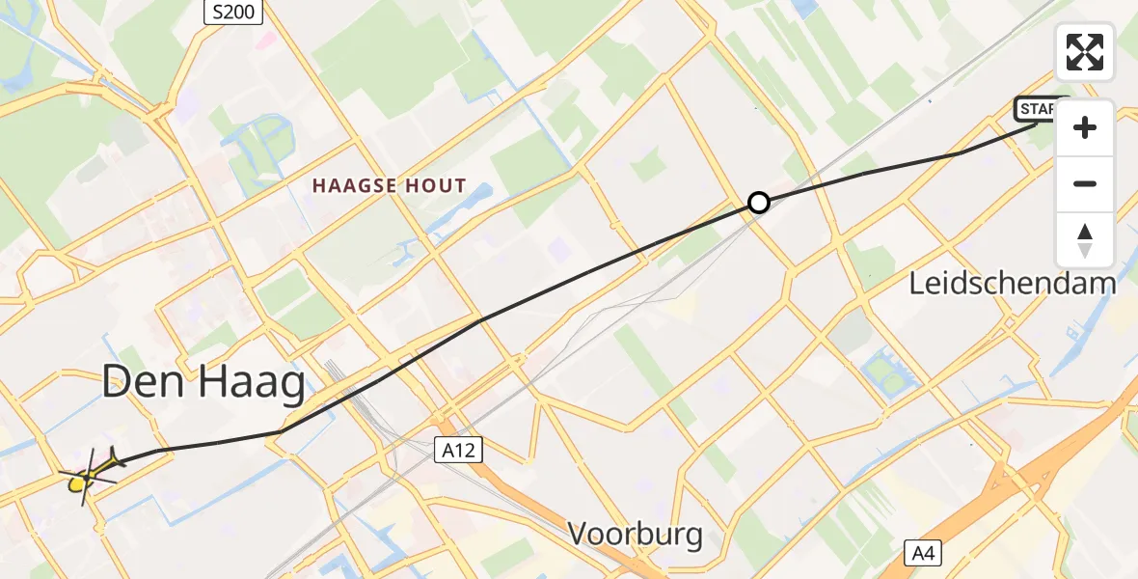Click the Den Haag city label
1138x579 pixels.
pyautogui.click(x=203, y=383)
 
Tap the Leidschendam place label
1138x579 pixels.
pyautogui.click(x=1013, y=283)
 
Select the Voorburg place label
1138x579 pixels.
pyautogui.click(x=635, y=534)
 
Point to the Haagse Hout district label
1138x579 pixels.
pyautogui.click(x=390, y=186)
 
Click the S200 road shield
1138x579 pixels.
pyautogui.click(x=232, y=12)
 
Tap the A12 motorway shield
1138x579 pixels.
pyautogui.click(x=457, y=450)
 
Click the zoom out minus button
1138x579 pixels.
pyautogui.click(x=1085, y=184)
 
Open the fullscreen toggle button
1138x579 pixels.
pyautogui.click(x=1085, y=51)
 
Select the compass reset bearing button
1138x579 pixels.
pyautogui.click(x=1085, y=240)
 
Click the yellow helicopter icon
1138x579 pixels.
pyautogui.click(x=89, y=473)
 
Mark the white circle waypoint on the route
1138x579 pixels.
pyautogui.click(x=759, y=203)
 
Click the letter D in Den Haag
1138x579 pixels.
pyautogui.click(x=117, y=383)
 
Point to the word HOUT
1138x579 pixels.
pyautogui.click(x=436, y=186)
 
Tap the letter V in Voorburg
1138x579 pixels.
pyautogui.click(x=579, y=534)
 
